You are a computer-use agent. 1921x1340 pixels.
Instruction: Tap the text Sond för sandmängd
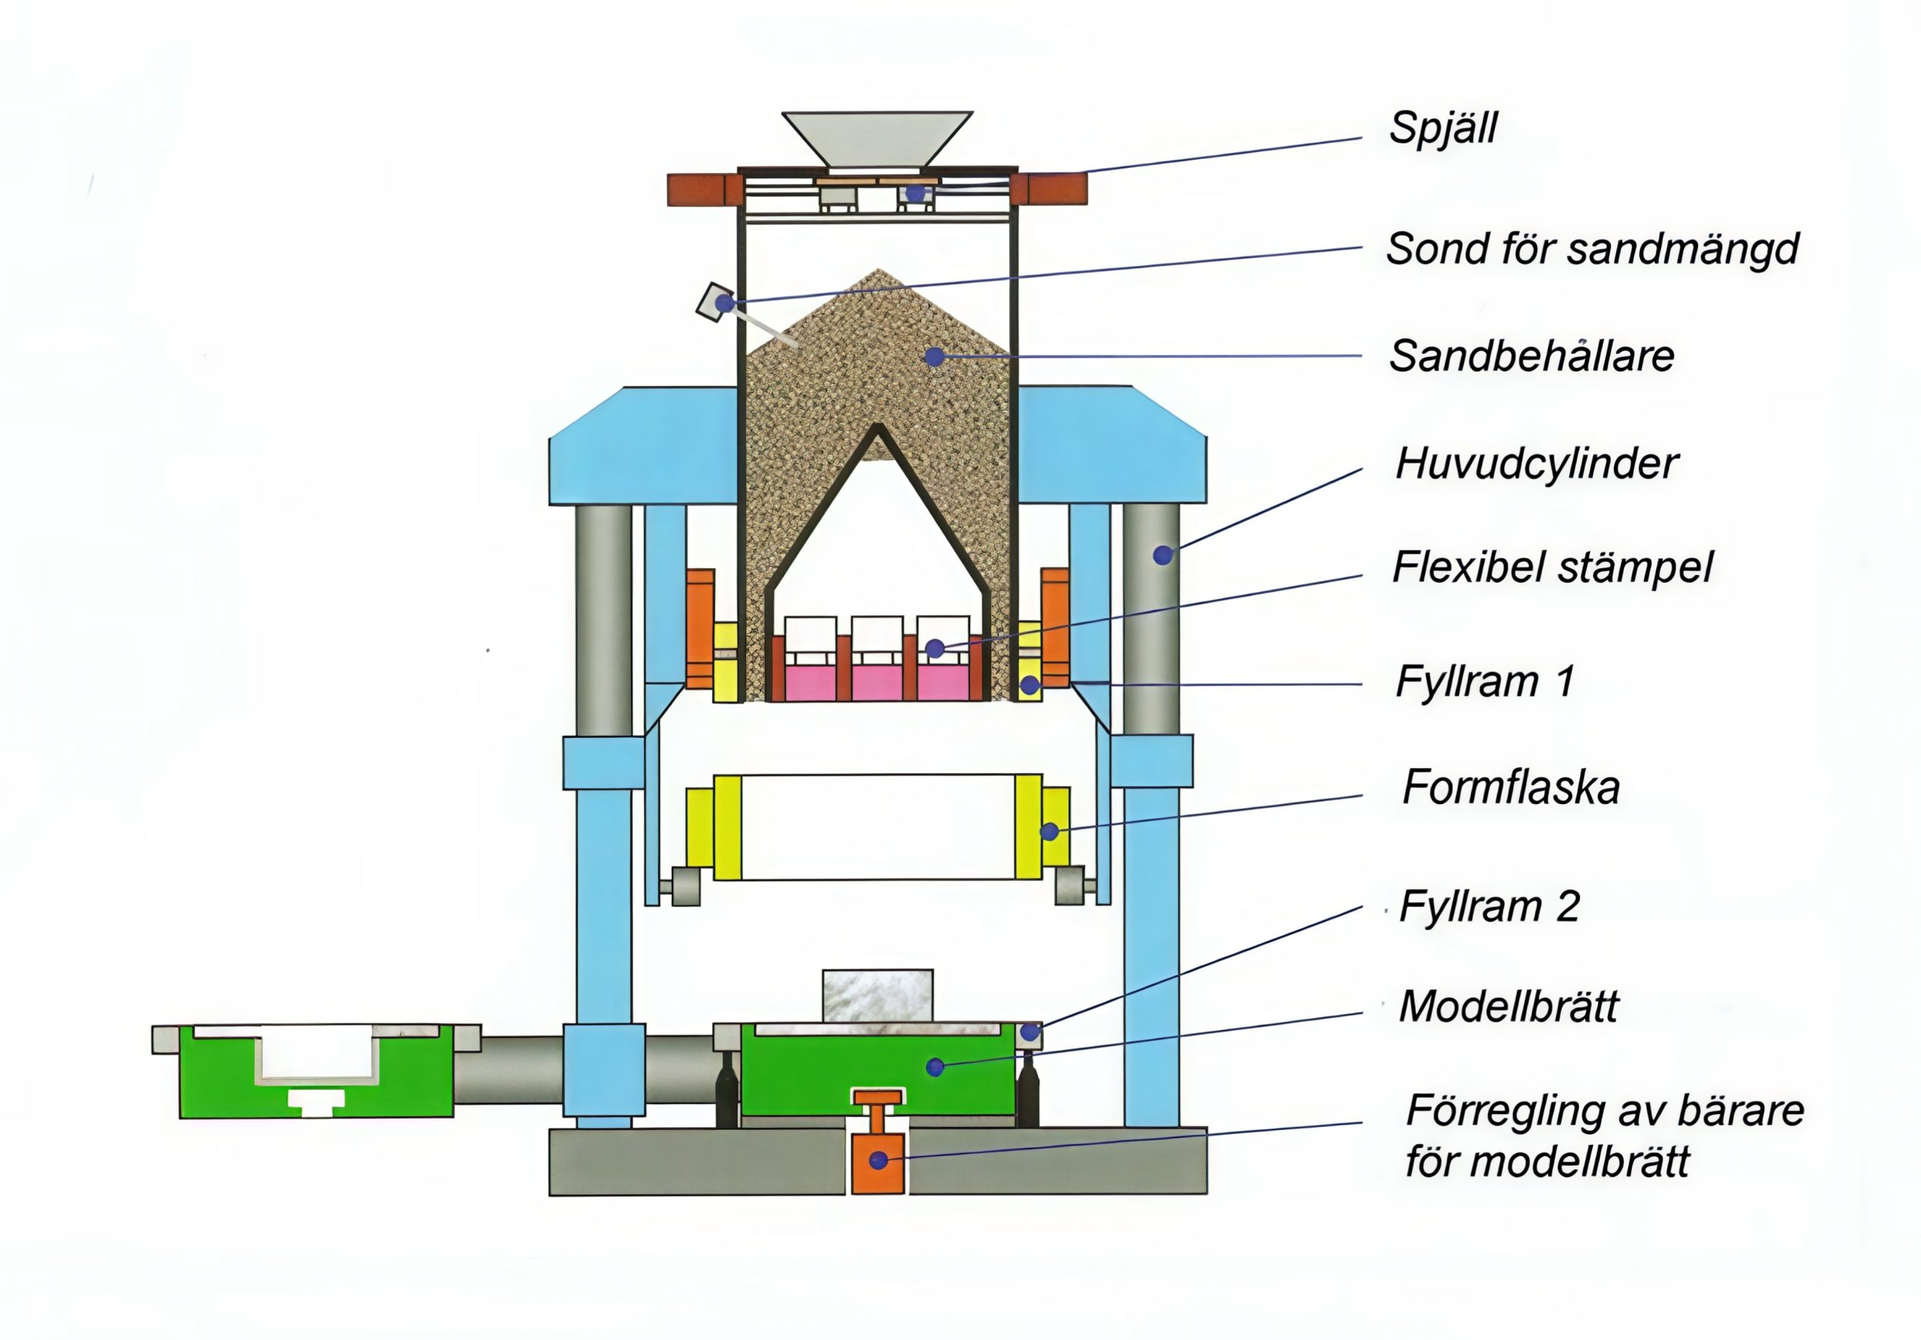click(1592, 249)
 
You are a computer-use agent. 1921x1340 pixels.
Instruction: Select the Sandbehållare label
click(1531, 357)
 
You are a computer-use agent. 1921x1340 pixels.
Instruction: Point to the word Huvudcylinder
click(1536, 464)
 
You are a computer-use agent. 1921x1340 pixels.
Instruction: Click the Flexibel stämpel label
click(1552, 568)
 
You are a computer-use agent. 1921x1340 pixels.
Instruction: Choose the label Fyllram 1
click(1484, 682)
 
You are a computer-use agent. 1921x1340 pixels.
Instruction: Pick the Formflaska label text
click(1511, 787)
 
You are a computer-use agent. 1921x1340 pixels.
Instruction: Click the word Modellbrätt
click(1508, 1007)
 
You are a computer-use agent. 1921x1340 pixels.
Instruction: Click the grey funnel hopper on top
click(877, 137)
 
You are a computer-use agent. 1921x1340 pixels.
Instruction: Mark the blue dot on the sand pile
click(934, 357)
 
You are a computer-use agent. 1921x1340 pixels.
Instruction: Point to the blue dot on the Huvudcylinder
click(1162, 554)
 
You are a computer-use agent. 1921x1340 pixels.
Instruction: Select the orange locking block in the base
click(878, 1163)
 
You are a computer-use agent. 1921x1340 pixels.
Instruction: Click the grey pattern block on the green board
click(877, 996)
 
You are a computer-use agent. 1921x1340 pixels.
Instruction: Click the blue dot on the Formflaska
click(1049, 831)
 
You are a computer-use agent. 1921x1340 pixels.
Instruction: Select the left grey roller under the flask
click(684, 887)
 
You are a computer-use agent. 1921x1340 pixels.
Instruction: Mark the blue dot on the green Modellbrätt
click(936, 1066)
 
